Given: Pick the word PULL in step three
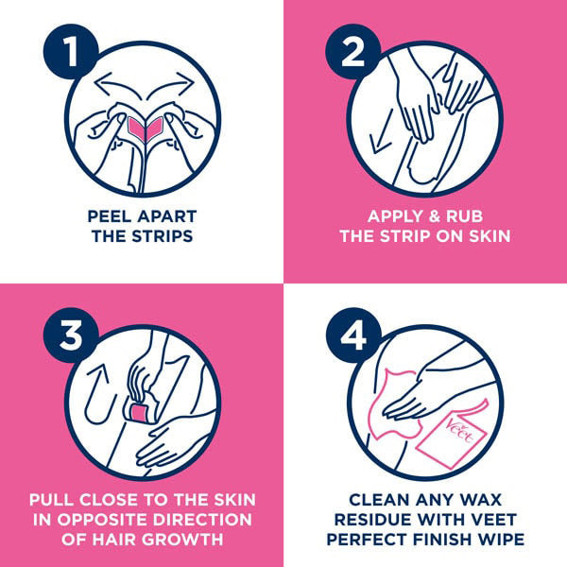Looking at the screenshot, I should [49, 499].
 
